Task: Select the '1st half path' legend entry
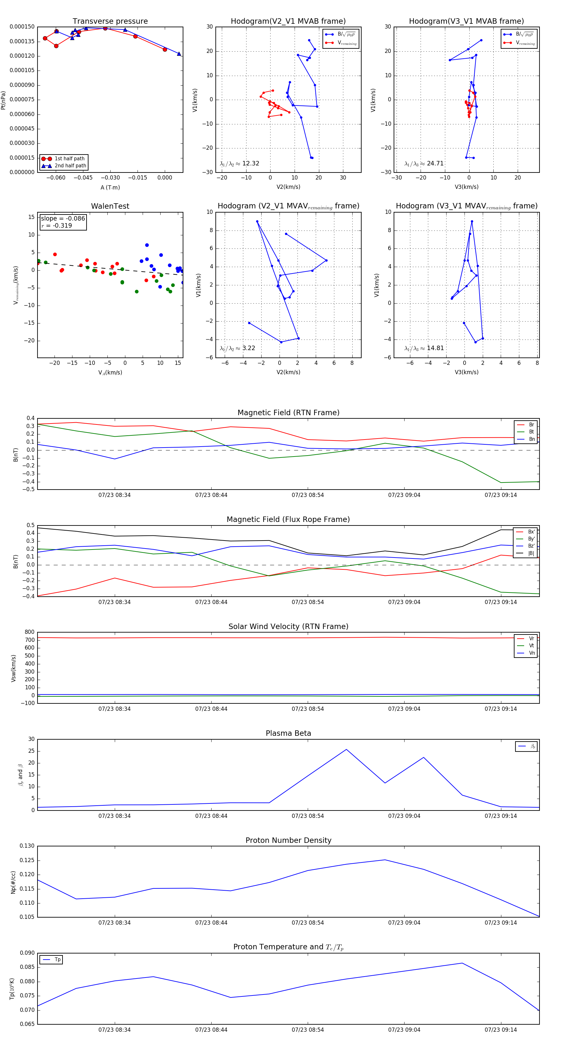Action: click(x=69, y=158)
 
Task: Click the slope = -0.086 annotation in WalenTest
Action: click(x=63, y=219)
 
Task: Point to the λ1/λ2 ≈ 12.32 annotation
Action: click(x=239, y=164)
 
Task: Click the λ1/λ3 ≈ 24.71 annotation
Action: click(x=424, y=164)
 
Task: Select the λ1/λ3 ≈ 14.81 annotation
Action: click(x=424, y=348)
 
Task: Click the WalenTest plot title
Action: click(x=110, y=206)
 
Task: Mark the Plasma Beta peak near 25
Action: click(x=346, y=750)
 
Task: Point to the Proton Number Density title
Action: click(x=288, y=840)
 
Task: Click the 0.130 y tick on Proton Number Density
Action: click(x=27, y=846)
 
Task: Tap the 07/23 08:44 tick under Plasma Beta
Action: click(x=211, y=816)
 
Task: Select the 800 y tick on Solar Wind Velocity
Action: click(x=29, y=632)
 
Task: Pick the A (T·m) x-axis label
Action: click(x=110, y=187)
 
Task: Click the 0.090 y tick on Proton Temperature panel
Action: click(x=27, y=953)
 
